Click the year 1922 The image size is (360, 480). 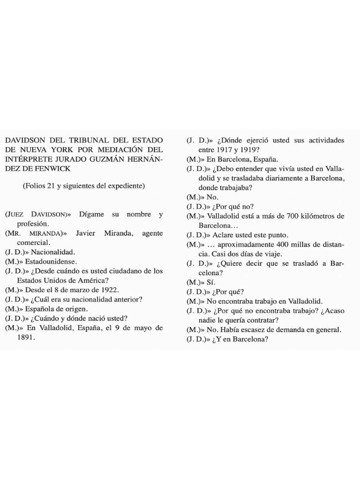[x=107, y=290]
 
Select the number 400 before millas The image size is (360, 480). [x=271, y=244]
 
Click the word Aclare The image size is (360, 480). [x=225, y=235]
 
